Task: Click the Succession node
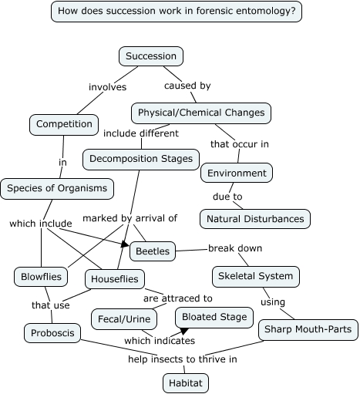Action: click(151, 56)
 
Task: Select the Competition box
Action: click(64, 123)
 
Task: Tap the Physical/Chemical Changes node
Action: click(200, 113)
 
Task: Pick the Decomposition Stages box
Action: click(141, 159)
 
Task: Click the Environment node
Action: click(237, 173)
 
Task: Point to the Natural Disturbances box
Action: click(255, 219)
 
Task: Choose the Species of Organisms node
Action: click(58, 187)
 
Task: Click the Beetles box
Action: click(153, 251)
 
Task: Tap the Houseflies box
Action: click(115, 278)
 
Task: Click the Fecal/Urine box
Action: click(124, 318)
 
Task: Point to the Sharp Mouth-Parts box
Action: click(308, 330)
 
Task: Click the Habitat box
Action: click(186, 382)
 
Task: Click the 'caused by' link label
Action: click(187, 86)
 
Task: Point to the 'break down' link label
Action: click(235, 248)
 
